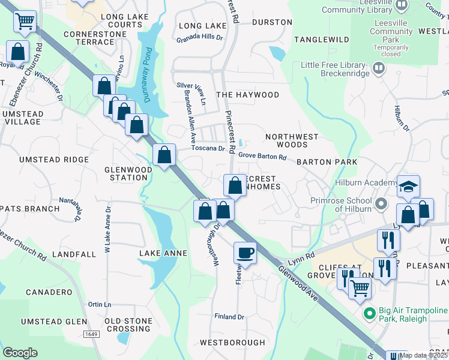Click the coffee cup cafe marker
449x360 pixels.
[x=244, y=253]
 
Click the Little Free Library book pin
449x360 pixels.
[x=378, y=68]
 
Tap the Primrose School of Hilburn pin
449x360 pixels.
[x=379, y=205]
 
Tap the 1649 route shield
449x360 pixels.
[x=91, y=334]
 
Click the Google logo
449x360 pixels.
[x=20, y=353]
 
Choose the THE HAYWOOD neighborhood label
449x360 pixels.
[x=247, y=95]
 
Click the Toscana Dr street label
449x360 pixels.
[x=208, y=148]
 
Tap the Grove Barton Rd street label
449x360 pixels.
[x=262, y=156]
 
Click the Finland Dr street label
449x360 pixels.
[x=229, y=316]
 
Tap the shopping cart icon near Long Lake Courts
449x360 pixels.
[x=25, y=22]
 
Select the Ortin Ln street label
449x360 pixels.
[x=99, y=304]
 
